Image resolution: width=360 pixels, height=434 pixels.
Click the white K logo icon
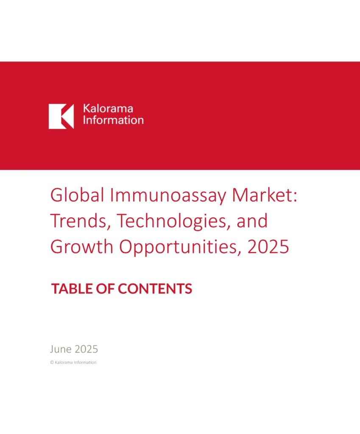(61, 116)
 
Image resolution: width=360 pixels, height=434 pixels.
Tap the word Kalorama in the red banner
(108, 108)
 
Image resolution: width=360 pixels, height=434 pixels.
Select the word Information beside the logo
(113, 120)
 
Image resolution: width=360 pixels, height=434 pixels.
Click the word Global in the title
(77, 195)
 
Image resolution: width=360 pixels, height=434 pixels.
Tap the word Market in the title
(262, 195)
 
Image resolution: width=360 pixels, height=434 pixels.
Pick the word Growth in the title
(82, 247)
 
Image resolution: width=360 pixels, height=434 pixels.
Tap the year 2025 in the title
(268, 247)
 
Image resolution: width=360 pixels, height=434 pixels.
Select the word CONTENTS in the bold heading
(155, 289)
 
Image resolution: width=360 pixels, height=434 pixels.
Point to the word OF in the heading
(105, 289)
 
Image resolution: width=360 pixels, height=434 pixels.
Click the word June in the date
(61, 349)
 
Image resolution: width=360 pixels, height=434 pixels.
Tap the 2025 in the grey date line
(86, 349)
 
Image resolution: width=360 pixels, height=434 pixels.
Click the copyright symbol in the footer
(52, 362)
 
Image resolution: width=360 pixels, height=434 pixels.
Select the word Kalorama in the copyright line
(64, 362)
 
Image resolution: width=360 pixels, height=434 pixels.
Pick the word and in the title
(252, 221)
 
